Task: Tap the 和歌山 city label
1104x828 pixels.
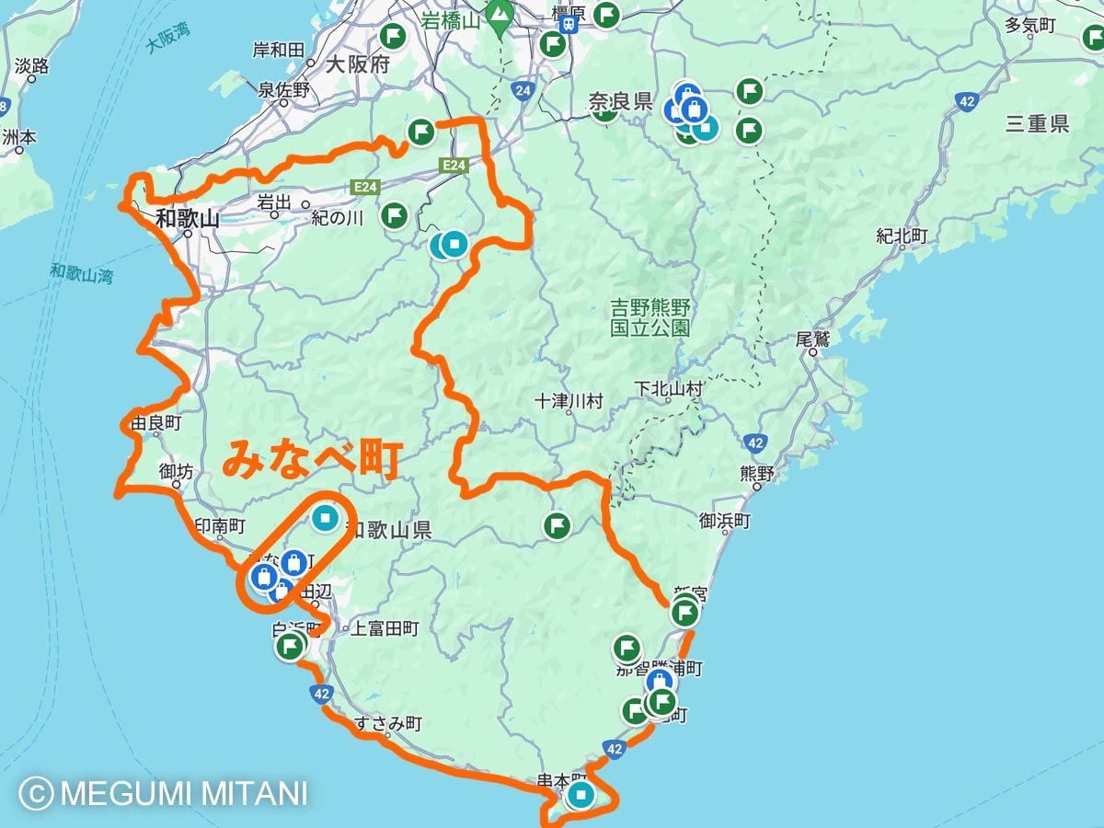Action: click(x=188, y=219)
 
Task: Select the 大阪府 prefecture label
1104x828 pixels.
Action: click(x=358, y=65)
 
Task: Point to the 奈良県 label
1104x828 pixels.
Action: click(x=620, y=101)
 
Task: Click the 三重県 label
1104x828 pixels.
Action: click(x=1037, y=124)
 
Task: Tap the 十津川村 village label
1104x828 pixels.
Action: click(x=569, y=402)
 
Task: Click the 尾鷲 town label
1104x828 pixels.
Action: click(x=813, y=339)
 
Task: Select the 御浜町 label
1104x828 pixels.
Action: click(x=725, y=522)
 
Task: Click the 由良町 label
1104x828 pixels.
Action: click(x=155, y=424)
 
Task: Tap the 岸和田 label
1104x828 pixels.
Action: click(x=278, y=49)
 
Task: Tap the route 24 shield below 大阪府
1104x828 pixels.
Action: click(x=523, y=90)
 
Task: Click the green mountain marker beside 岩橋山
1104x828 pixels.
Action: click(x=500, y=16)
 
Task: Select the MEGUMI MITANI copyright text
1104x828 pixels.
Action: click(x=164, y=793)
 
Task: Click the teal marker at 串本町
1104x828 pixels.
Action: click(x=580, y=794)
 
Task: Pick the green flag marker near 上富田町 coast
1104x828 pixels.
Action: click(x=291, y=647)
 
